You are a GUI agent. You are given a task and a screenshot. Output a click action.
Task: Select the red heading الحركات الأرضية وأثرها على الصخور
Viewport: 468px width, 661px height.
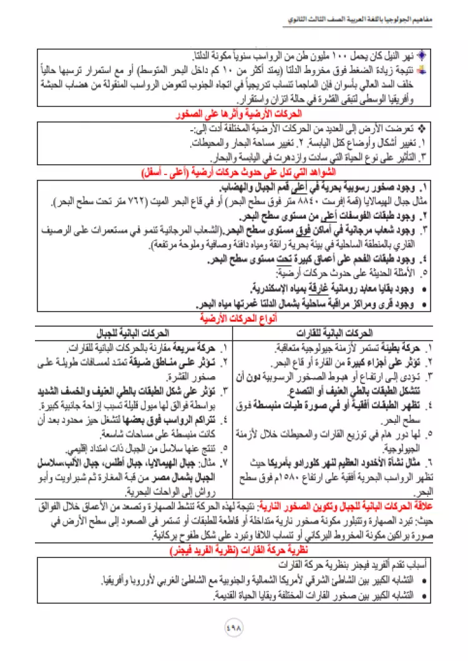(235, 115)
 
